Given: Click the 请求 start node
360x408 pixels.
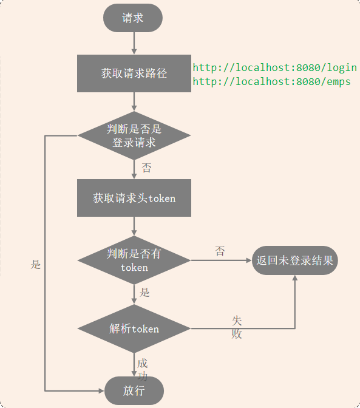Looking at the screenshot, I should (133, 18).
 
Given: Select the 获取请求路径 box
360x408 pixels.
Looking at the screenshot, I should (134, 73).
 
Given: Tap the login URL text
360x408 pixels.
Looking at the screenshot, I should (274, 67).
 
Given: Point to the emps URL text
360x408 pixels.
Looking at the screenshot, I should (271, 82).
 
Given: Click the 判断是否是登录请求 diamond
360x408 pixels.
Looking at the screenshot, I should (134, 135).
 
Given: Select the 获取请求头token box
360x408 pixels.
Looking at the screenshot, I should (134, 198).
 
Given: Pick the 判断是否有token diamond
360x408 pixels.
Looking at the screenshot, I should (134, 260).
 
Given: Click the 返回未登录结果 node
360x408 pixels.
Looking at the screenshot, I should (294, 260).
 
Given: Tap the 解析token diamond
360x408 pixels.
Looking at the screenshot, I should (134, 328).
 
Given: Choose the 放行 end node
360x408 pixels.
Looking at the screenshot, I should (134, 390).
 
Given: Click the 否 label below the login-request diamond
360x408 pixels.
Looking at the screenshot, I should (146, 168).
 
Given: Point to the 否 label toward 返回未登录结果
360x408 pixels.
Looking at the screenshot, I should (220, 251).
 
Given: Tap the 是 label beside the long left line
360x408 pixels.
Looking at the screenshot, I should (36, 264).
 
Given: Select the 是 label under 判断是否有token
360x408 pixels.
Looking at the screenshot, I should (145, 292).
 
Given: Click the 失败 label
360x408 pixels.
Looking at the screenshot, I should (236, 327).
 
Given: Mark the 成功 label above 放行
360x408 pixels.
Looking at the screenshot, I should (142, 369).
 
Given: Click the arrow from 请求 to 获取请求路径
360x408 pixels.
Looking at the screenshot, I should (134, 43).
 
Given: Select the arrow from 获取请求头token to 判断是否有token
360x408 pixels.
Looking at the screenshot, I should (134, 226).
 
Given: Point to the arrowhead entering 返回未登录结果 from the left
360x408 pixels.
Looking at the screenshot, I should (248, 260).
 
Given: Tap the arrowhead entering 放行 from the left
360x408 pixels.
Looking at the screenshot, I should (101, 390).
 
